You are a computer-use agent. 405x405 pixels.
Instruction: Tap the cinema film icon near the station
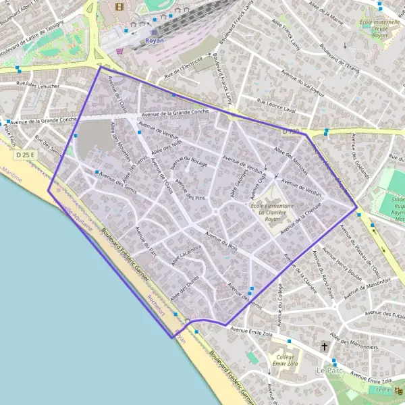(120, 7)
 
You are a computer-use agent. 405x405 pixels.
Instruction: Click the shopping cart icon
(120, 50)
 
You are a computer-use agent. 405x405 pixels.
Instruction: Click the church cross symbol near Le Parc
(325, 346)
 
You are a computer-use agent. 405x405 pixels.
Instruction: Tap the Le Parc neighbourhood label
(329, 371)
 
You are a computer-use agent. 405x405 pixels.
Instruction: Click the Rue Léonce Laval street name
(276, 105)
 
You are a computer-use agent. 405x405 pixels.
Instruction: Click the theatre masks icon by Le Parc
(398, 390)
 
